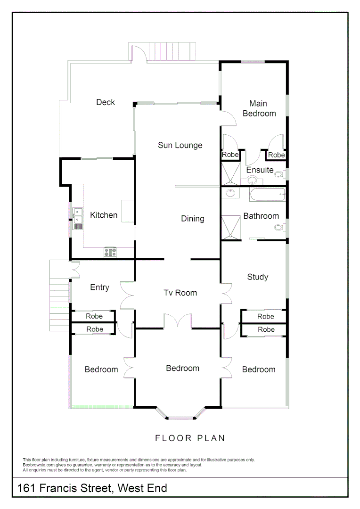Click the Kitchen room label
click(x=104, y=215)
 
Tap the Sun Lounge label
click(x=180, y=145)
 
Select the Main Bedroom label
click(x=259, y=108)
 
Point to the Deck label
click(x=106, y=102)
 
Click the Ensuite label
click(x=260, y=170)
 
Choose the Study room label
click(x=258, y=277)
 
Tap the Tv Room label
click(x=180, y=293)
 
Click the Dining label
click(x=192, y=219)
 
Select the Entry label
click(x=99, y=287)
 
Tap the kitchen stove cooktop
click(x=110, y=252)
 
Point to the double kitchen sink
click(x=78, y=215)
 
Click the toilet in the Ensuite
click(x=280, y=174)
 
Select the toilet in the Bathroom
click(x=280, y=228)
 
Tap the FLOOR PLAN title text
click(x=190, y=438)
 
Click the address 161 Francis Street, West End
click(x=92, y=488)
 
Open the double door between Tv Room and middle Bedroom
click(x=178, y=321)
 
